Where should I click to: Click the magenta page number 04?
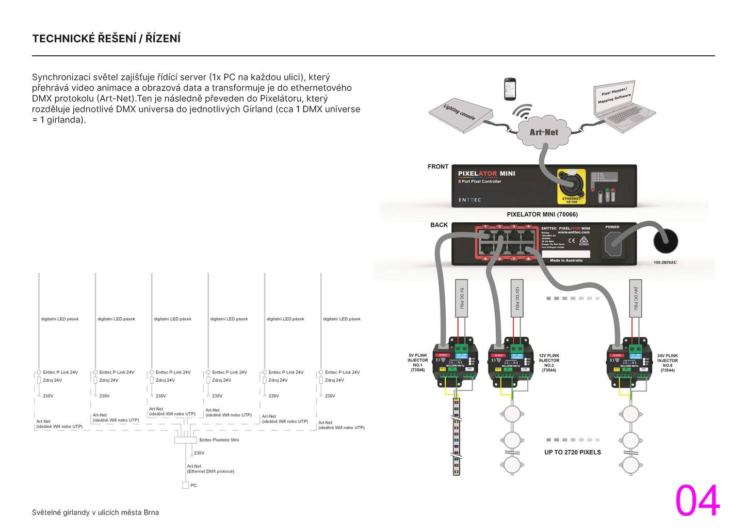(697, 501)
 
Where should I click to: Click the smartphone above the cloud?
(510, 89)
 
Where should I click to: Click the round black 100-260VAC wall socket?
(665, 241)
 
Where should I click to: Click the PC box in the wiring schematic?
(186, 485)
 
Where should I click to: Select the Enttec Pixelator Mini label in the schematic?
(219, 440)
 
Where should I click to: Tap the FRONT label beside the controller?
(437, 166)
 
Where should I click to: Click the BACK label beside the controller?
(439, 225)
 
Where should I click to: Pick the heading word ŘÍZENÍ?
(163, 39)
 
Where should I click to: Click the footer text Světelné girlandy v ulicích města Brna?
(95, 512)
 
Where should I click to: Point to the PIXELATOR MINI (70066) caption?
(542, 214)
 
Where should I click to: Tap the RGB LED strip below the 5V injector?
(456, 437)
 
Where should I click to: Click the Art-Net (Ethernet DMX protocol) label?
(210, 469)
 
